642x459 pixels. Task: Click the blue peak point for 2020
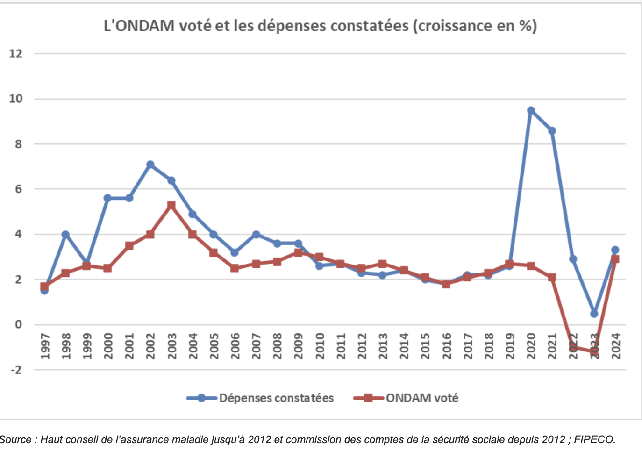tap(531, 111)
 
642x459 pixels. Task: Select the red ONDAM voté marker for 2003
tap(171, 205)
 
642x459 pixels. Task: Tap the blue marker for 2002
tap(150, 165)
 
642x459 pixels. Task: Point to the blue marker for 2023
tap(594, 313)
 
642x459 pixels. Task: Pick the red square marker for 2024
tap(615, 259)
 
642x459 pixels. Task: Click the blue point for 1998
tap(65, 234)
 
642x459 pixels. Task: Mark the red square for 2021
tap(552, 277)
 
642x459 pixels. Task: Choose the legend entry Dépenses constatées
tap(276, 398)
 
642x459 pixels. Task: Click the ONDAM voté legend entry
tap(421, 398)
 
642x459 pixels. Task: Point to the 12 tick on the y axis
tap(16, 54)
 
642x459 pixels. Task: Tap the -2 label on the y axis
tap(16, 370)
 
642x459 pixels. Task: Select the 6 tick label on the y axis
tap(18, 189)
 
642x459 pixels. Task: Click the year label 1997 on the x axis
tap(45, 346)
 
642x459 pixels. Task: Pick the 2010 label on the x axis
tap(320, 346)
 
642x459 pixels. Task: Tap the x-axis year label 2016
tap(447, 346)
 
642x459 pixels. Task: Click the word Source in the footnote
tap(15, 439)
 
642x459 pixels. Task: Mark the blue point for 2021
tap(552, 131)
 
